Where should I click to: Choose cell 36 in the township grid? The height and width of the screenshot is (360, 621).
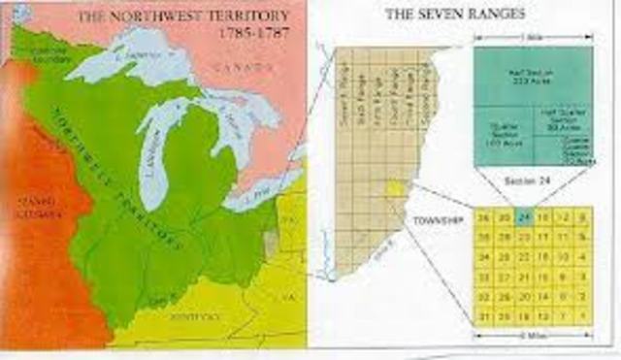[x=481, y=216]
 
